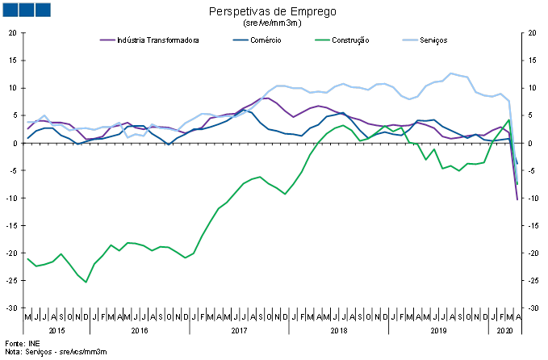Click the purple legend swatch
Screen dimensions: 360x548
(107, 40)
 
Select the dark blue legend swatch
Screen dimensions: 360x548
(241, 40)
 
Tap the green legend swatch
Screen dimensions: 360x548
(322, 40)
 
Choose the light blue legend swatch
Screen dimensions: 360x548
(410, 40)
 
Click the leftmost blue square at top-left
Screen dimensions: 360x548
(10, 10)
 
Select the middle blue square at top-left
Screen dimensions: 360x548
(26, 10)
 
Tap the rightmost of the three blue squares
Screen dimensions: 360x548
(42, 10)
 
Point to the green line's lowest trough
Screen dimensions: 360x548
(86, 282)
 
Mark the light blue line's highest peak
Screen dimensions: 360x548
(451, 73)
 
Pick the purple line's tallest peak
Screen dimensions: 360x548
(266, 97)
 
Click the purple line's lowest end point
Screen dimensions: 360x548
(517, 199)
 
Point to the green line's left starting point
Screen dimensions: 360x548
(27, 258)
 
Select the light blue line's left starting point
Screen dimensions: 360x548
(27, 122)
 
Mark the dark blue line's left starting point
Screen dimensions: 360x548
(27, 139)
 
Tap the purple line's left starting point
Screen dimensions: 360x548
(27, 129)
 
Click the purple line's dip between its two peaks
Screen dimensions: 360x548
(293, 117)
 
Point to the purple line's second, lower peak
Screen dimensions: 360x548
(319, 105)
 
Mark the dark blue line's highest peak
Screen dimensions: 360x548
(249, 108)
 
